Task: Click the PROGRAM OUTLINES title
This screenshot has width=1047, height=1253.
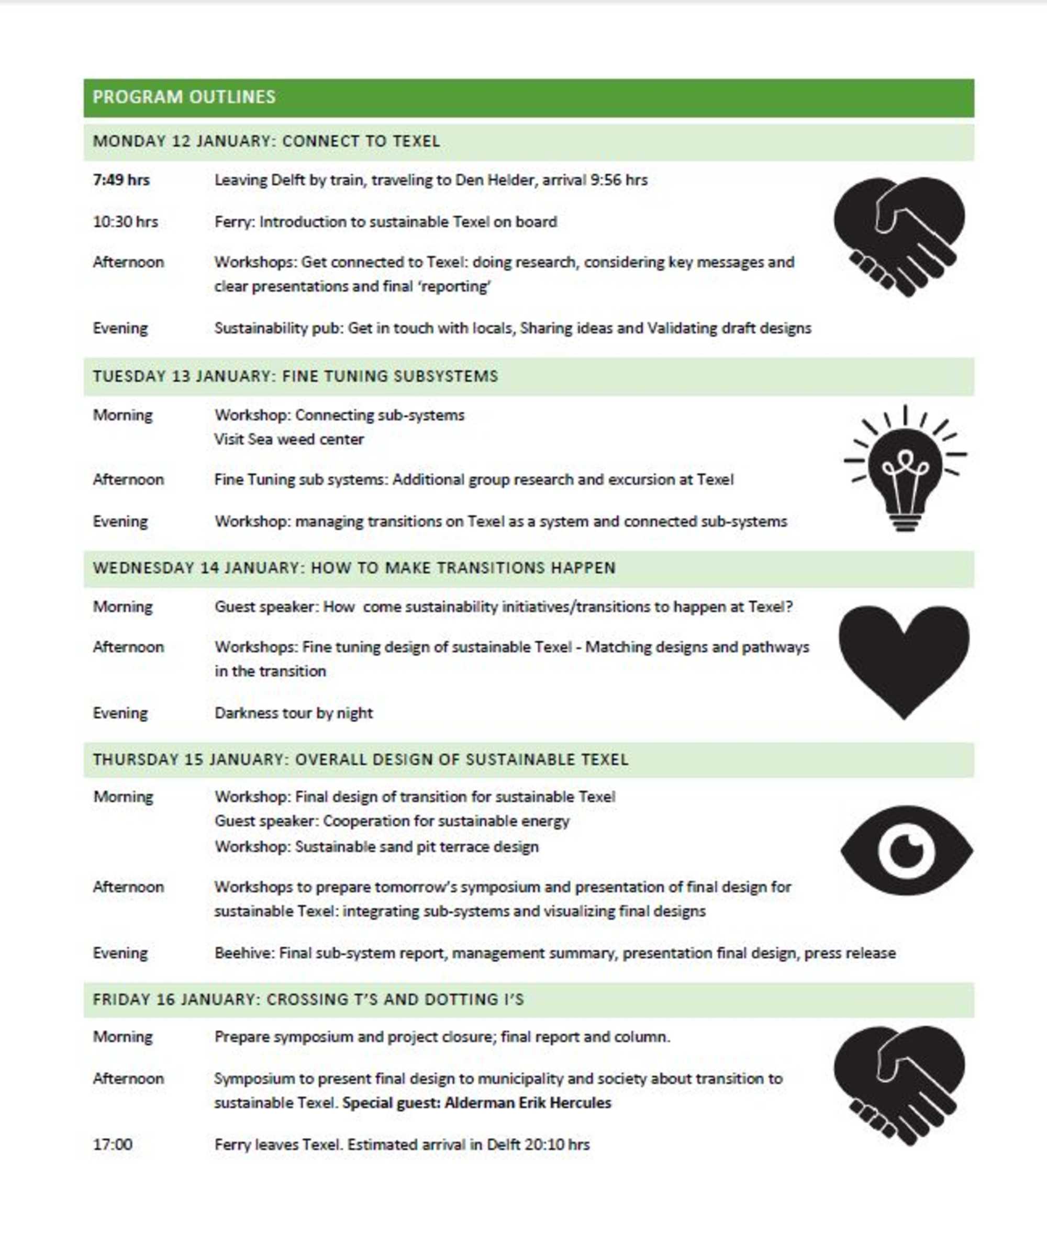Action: coord(184,97)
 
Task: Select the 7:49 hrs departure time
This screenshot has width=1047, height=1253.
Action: coord(121,180)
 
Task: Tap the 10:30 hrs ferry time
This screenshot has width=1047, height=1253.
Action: coord(125,222)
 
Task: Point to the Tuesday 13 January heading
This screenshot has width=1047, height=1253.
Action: coord(295,376)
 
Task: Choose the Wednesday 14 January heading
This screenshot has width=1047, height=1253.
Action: coord(353,567)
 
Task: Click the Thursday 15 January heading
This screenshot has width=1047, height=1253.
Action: coord(361,759)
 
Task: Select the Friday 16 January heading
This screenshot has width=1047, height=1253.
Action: coord(308,1000)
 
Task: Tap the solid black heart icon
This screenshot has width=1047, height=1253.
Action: coord(904,659)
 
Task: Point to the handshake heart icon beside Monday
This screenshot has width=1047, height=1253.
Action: coord(899,236)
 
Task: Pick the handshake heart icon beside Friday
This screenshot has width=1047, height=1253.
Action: coord(899,1085)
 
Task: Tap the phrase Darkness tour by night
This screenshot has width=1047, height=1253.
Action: coord(294,713)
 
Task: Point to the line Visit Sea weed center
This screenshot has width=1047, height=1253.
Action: coord(289,439)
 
